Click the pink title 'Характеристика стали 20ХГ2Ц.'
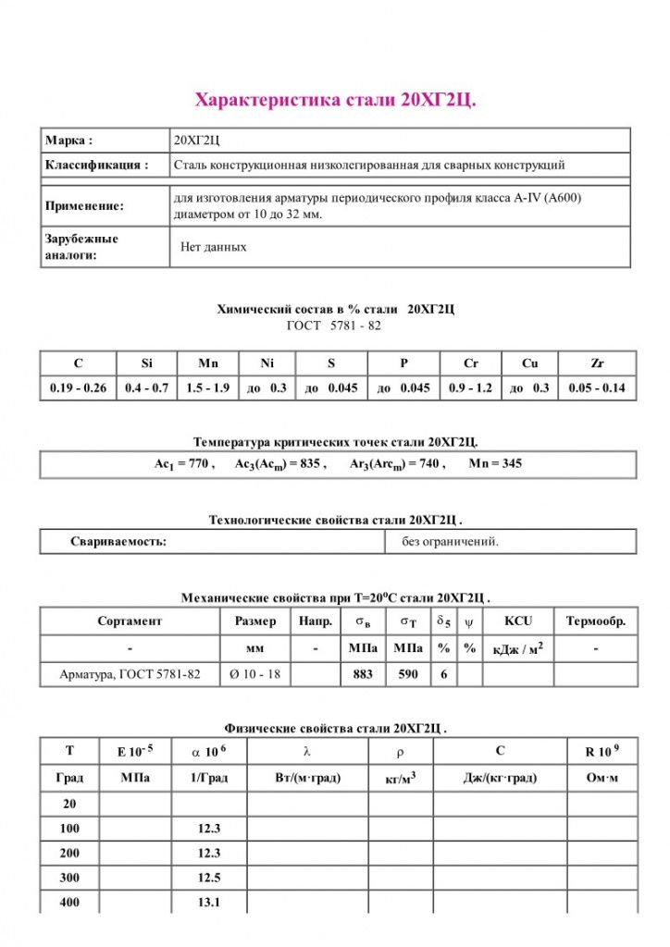tap(335, 100)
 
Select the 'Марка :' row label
tap(69, 141)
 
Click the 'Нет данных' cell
tap(214, 248)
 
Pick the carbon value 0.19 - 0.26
tap(78, 388)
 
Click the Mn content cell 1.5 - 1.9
tap(207, 388)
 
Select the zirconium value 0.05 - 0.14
tap(597, 388)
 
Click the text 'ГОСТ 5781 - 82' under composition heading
tap(334, 326)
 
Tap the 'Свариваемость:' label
tap(118, 542)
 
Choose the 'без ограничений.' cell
tap(450, 542)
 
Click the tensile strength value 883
tap(363, 675)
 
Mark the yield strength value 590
tap(408, 675)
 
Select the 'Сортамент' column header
tap(130, 621)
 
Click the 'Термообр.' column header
tap(596, 621)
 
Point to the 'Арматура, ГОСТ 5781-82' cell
tap(130, 675)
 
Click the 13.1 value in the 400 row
tap(209, 903)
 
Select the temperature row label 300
tap(69, 878)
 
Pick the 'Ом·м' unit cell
tap(602, 779)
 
